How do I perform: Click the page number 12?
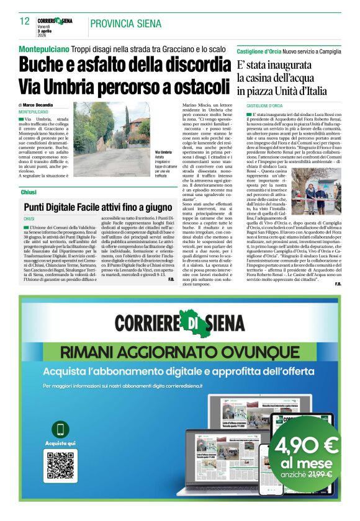pos(24,22)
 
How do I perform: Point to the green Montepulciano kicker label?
pos(43,48)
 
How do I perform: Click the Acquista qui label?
pos(61,443)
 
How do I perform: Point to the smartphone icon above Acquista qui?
pos(61,429)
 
